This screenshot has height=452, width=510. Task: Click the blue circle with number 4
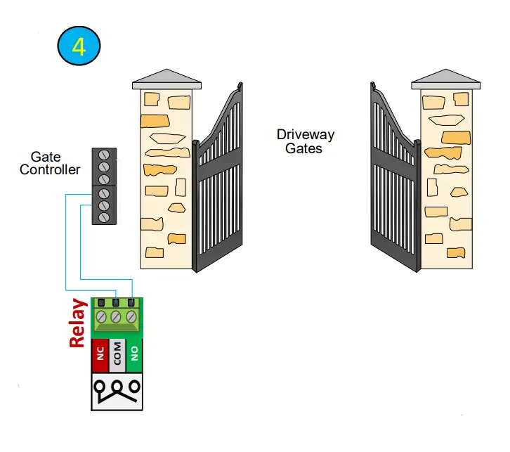(x=79, y=47)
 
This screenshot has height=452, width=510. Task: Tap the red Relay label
(x=78, y=323)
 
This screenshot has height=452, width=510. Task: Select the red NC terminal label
(x=100, y=356)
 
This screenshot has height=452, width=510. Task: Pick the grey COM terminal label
(x=117, y=356)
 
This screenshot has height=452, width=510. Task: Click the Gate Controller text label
(x=49, y=163)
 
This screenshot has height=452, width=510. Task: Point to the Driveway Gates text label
(x=305, y=141)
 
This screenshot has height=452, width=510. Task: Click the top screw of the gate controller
(x=104, y=155)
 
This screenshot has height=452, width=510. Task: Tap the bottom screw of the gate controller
(x=104, y=217)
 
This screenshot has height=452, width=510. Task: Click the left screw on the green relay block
(x=101, y=317)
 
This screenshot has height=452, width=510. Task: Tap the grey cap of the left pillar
(x=166, y=79)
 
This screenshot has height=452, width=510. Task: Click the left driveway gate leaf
(x=221, y=186)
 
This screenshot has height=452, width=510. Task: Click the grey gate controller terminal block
(x=104, y=186)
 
